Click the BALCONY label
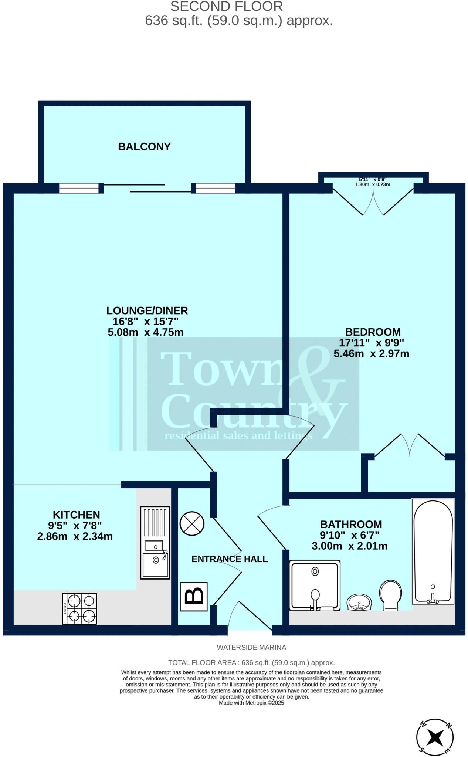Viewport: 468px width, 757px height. pyautogui.click(x=144, y=147)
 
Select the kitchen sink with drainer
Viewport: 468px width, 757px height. pyautogui.click(x=155, y=543)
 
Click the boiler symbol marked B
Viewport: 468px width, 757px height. pyautogui.click(x=194, y=597)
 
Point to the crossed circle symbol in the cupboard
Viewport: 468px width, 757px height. pyautogui.click(x=192, y=524)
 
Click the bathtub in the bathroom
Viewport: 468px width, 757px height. pyautogui.click(x=433, y=551)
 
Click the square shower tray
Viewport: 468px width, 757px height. pyautogui.click(x=315, y=585)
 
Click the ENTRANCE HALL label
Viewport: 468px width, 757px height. pyautogui.click(x=230, y=559)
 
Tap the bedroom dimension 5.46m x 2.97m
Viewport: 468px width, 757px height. pyautogui.click(x=371, y=354)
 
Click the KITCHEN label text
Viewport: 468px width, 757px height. pyautogui.click(x=76, y=515)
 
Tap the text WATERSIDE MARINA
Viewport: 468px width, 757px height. pyautogui.click(x=251, y=648)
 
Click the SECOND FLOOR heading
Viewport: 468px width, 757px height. pyautogui.click(x=226, y=6)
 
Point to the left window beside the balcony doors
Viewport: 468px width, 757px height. pyautogui.click(x=79, y=189)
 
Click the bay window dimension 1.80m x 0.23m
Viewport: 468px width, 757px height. pyautogui.click(x=373, y=184)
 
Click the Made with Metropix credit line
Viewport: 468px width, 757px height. pyautogui.click(x=251, y=703)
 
